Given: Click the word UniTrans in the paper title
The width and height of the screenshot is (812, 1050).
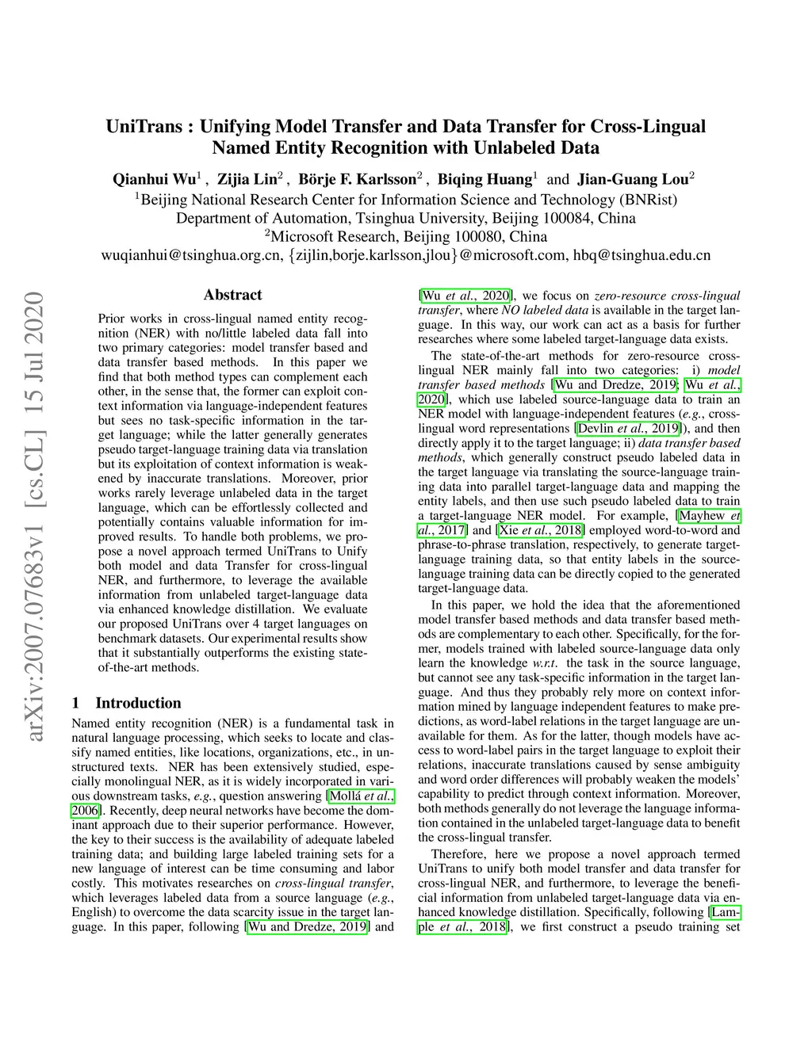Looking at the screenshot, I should point(144,127).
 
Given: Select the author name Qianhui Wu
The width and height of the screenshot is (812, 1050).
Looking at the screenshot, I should point(154,179).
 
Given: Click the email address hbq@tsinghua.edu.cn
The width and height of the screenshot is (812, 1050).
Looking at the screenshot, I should point(642,255).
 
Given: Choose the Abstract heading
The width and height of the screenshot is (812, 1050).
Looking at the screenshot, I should point(232,295).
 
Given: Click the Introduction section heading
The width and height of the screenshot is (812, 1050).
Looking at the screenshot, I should point(138,703).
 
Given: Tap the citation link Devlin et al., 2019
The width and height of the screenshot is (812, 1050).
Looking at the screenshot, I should point(628,429).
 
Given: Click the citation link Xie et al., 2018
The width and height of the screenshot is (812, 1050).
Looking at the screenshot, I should point(542,530).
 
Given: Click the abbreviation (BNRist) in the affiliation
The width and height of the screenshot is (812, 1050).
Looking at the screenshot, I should point(648,200).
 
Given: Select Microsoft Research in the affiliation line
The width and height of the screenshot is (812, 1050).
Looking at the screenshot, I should point(334,237).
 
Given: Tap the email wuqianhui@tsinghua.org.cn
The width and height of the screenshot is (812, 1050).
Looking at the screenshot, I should point(191,255).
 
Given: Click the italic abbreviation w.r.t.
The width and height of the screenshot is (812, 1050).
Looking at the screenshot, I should point(545,663).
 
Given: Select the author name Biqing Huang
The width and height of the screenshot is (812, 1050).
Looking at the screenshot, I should point(484,179).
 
